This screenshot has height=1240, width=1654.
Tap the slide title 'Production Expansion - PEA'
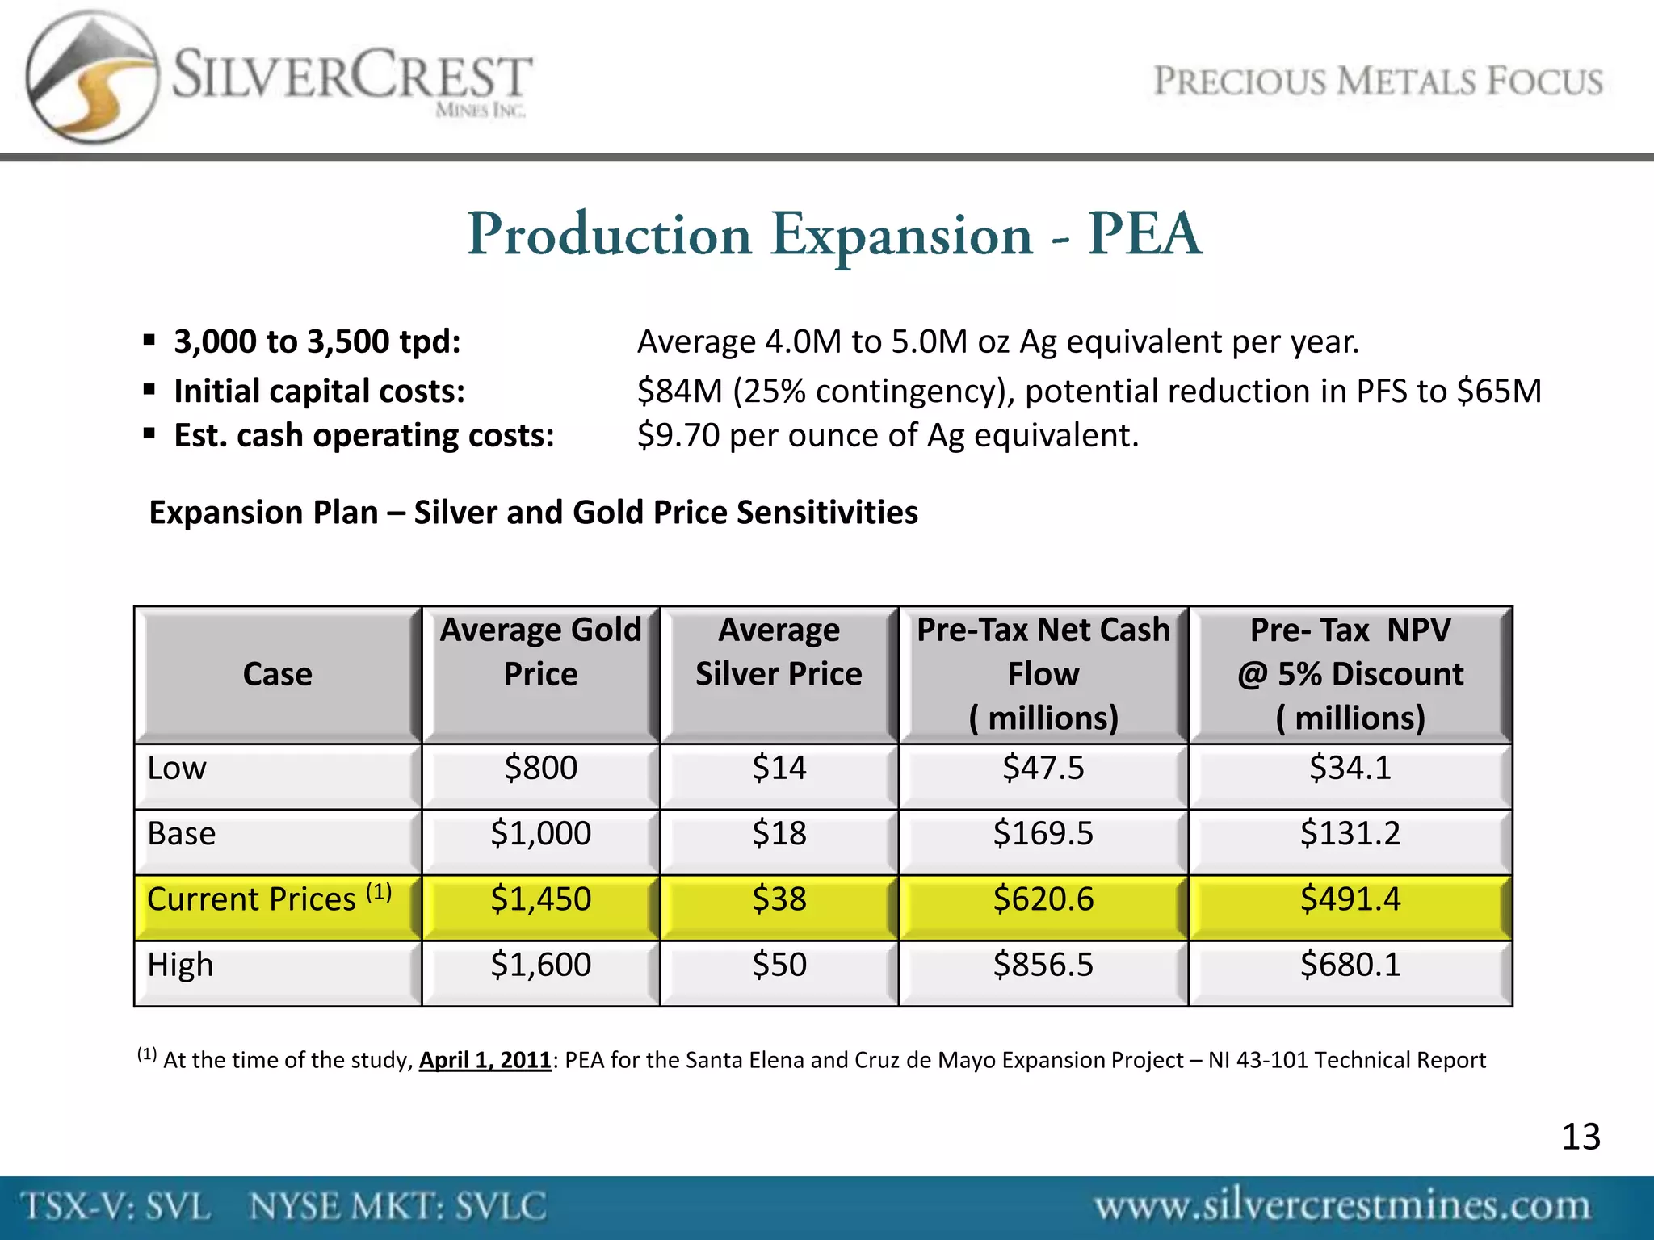pos(833,235)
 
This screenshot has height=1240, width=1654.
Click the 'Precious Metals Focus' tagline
pos(1378,82)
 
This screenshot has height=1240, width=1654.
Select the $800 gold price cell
pos(540,768)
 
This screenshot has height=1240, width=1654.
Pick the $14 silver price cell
pos(779,768)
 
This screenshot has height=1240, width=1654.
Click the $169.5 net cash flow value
pos(1043,833)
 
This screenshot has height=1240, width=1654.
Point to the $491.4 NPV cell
pos(1350,899)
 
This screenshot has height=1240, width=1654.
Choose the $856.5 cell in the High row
pos(1043,965)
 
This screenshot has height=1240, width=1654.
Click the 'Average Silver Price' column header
pos(779,651)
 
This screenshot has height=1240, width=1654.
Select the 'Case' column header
pos(277,674)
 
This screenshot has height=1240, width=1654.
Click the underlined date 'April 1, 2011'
pos(485,1060)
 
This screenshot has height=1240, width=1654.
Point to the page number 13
pos(1581,1137)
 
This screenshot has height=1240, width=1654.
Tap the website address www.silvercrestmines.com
pos(1342,1206)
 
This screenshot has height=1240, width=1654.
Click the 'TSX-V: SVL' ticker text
pos(116,1207)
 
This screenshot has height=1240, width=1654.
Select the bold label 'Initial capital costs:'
pos(320,392)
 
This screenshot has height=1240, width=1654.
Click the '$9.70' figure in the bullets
pos(678,436)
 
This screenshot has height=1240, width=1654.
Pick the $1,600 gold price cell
pos(540,965)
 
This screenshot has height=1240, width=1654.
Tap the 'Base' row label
pos(182,833)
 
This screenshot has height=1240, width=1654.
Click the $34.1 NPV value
pos(1350,768)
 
